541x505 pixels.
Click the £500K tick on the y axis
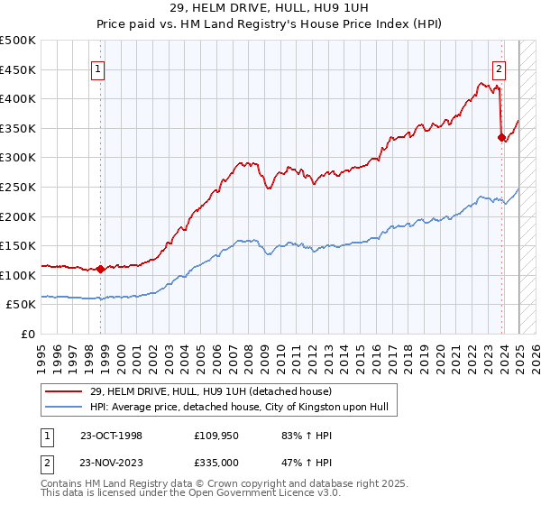pos(18,41)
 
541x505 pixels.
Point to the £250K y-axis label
pos(18,187)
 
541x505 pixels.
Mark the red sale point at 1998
pos(101,269)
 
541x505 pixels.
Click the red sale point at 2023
pos(501,137)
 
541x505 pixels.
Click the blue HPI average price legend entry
pos(238,407)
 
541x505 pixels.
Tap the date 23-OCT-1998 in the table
pos(111,435)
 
